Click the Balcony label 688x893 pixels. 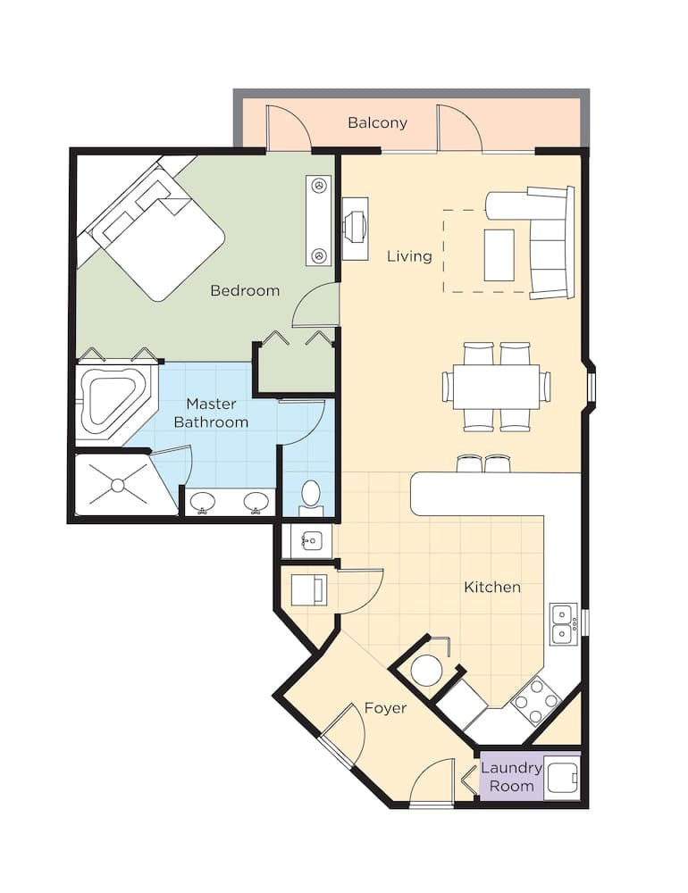point(377,122)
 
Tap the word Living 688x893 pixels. point(409,256)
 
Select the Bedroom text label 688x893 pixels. point(245,290)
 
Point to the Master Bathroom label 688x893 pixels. point(211,413)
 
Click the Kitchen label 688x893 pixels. point(491,587)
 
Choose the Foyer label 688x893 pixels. point(385,708)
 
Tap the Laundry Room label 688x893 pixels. point(511,777)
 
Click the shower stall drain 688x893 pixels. point(116,485)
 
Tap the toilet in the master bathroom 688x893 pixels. point(311,495)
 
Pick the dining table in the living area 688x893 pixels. point(496,387)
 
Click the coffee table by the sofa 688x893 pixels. point(499,255)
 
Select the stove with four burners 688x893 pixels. point(534,702)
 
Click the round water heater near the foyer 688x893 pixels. point(426,670)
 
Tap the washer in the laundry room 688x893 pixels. point(562,776)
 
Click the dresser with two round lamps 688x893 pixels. point(318,220)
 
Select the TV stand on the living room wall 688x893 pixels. point(356,228)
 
